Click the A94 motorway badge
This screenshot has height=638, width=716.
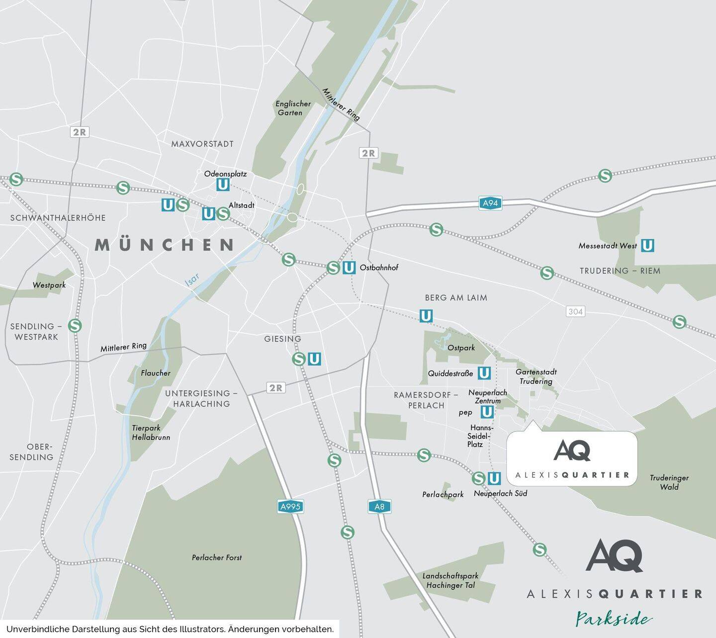(x=490, y=203)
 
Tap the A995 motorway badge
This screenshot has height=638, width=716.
(x=290, y=507)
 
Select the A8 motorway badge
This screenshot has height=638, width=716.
(x=379, y=507)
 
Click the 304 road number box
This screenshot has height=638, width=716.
(x=575, y=311)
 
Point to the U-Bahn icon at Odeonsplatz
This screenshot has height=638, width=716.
(x=223, y=184)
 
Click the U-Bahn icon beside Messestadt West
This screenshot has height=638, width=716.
(x=647, y=245)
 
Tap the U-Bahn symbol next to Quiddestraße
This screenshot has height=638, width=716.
(x=484, y=373)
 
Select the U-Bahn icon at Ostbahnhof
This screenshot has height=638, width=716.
(x=349, y=268)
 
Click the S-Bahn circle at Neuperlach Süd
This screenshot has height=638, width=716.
(x=478, y=478)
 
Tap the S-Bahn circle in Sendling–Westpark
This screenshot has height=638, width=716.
(x=75, y=326)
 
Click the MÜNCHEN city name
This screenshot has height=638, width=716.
(x=165, y=245)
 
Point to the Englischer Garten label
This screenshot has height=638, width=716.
(x=293, y=108)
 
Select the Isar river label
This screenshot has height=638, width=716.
(x=192, y=280)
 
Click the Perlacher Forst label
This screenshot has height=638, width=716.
(x=217, y=557)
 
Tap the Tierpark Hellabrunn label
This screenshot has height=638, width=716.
(x=151, y=433)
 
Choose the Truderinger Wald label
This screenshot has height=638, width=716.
(x=669, y=482)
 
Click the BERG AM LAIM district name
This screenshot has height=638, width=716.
(x=455, y=298)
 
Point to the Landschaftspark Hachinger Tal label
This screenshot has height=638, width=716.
(x=450, y=580)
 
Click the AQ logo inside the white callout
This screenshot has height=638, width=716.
(x=572, y=451)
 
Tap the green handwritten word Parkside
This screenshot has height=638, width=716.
(x=614, y=619)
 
